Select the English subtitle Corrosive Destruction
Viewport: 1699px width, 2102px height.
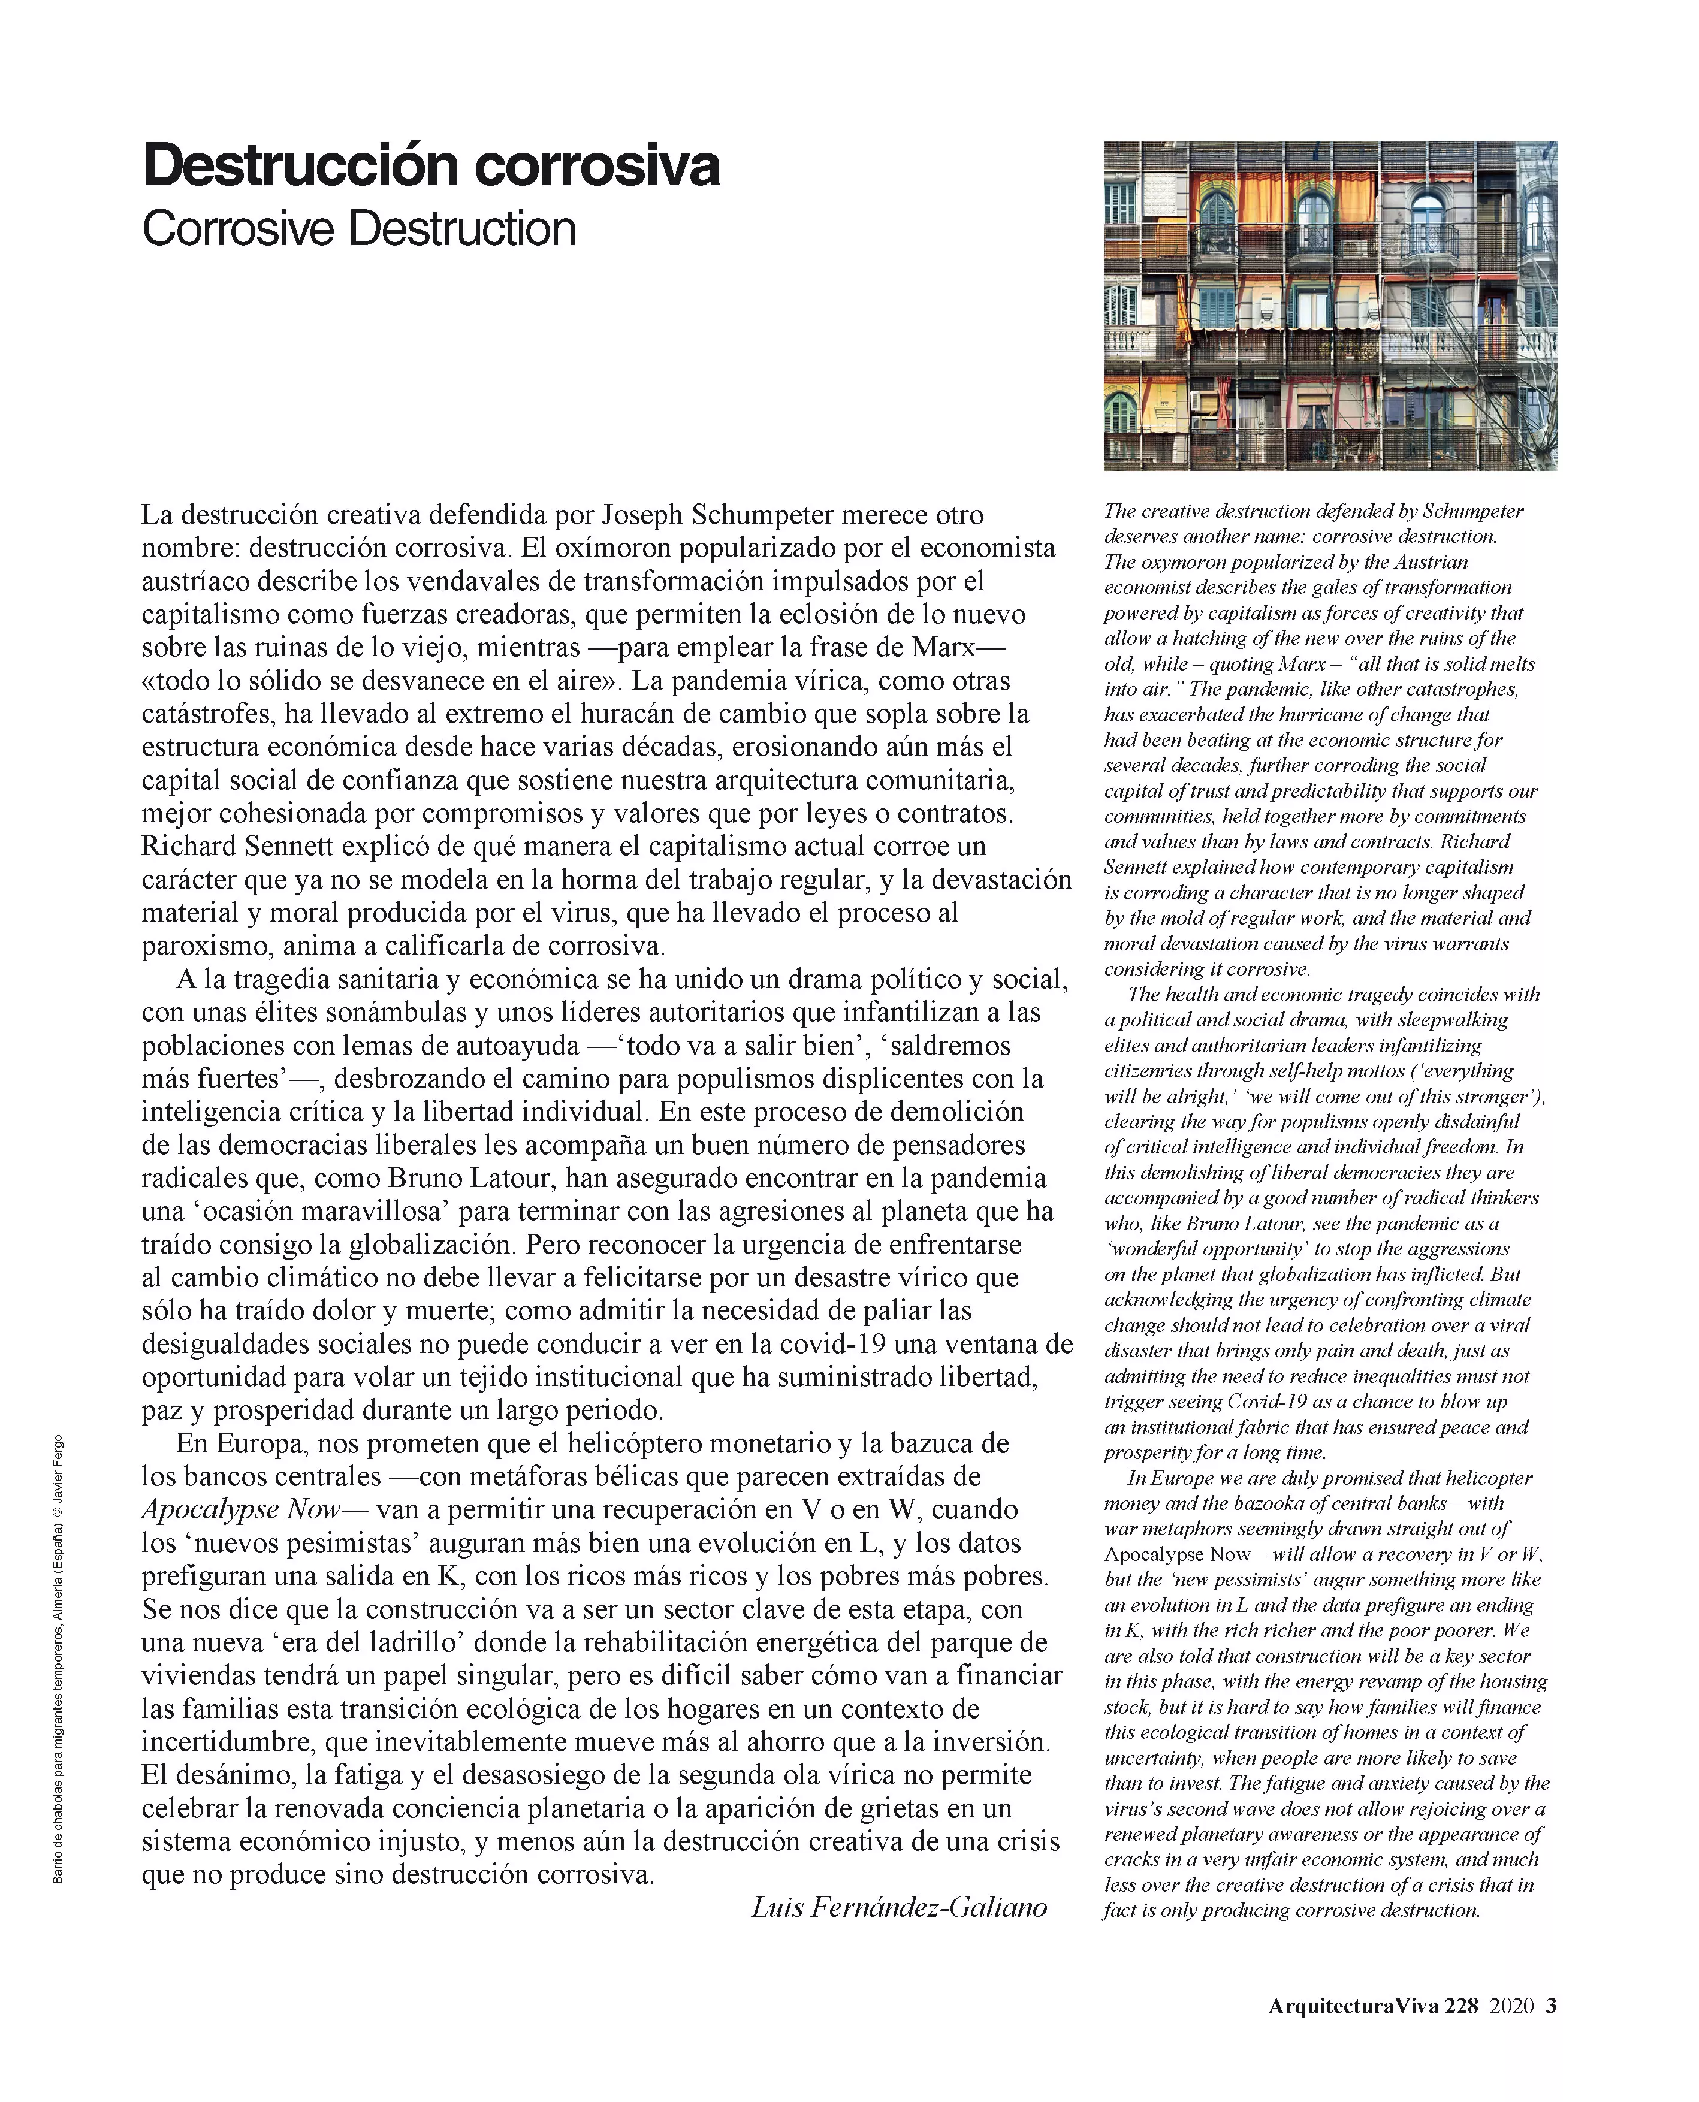click(358, 229)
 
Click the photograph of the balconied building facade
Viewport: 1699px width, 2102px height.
click(1330, 306)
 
